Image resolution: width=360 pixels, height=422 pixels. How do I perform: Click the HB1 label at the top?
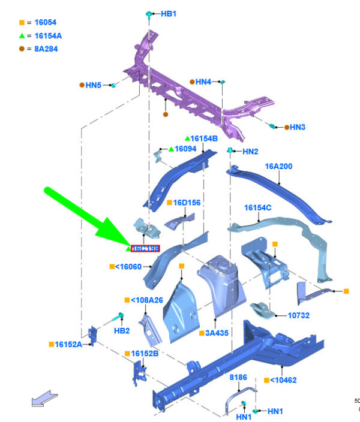pyautogui.click(x=169, y=13)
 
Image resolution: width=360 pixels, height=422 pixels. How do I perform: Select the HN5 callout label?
pyautogui.click(x=93, y=86)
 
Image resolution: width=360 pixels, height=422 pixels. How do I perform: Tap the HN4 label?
pyautogui.click(x=203, y=82)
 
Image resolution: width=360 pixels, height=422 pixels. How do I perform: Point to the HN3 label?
pyautogui.click(x=298, y=127)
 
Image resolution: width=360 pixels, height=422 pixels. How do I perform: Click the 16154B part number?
pyautogui.click(x=204, y=138)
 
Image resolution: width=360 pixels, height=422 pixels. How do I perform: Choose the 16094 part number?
pyautogui.click(x=185, y=149)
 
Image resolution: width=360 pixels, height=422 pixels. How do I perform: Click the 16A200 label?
pyautogui.click(x=278, y=166)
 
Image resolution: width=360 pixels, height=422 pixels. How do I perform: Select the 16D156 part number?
pyautogui.click(x=187, y=203)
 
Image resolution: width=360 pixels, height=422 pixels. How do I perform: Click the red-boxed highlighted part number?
pyautogui.click(x=145, y=248)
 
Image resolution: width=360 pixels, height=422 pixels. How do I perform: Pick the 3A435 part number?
pyautogui.click(x=218, y=333)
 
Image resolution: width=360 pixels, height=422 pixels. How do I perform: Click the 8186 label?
pyautogui.click(x=238, y=377)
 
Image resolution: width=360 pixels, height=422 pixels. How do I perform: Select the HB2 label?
pyautogui.click(x=122, y=330)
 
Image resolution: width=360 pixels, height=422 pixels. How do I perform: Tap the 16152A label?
pyautogui.click(x=68, y=344)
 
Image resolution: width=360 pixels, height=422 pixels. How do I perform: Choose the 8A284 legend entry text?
pyautogui.click(x=45, y=49)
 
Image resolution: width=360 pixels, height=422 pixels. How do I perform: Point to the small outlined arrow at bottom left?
pyautogui.click(x=45, y=398)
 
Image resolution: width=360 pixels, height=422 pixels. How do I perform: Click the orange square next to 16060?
pyautogui.click(x=112, y=267)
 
